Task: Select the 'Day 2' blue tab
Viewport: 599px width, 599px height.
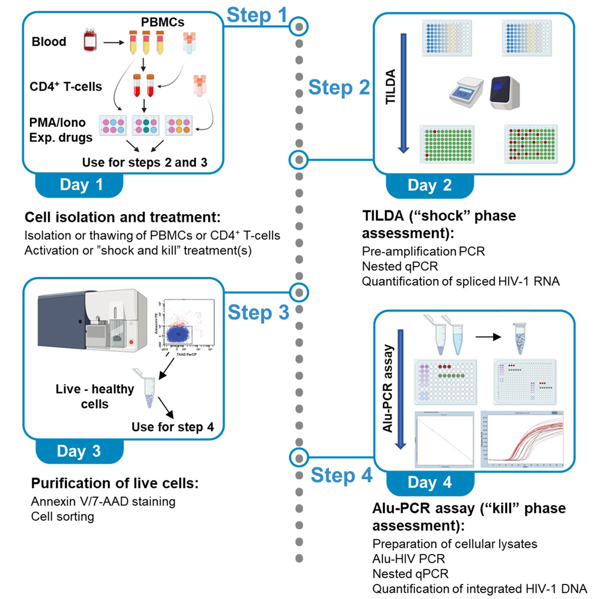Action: coord(430,185)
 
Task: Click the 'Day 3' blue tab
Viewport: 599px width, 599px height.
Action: coord(79,450)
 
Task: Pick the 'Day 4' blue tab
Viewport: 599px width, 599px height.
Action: coord(430,482)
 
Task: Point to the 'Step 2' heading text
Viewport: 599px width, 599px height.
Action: coord(339,87)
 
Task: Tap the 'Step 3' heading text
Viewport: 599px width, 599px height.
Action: coord(258,313)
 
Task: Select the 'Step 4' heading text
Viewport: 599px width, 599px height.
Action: coord(342,476)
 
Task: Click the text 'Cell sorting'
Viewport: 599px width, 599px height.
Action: coord(62,516)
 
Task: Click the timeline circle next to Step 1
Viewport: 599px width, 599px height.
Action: coord(299,26)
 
